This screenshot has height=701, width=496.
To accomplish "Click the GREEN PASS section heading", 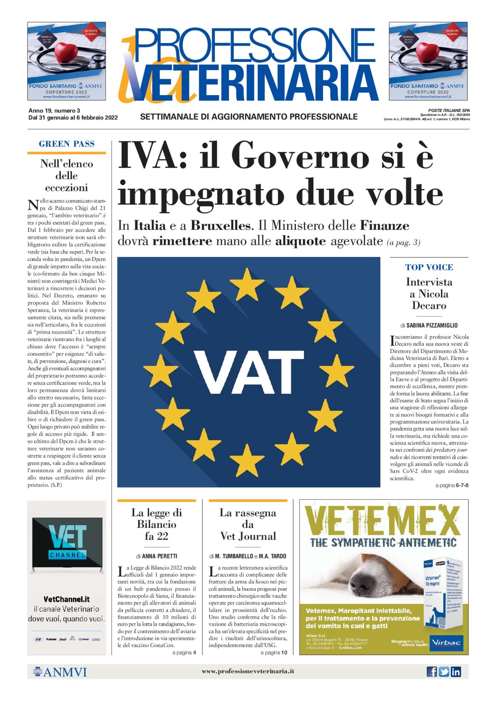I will (66, 144).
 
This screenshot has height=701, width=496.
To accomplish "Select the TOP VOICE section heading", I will (429, 267).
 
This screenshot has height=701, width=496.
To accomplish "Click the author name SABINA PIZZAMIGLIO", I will (432, 325).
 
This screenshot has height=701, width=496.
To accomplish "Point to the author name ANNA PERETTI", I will (159, 556).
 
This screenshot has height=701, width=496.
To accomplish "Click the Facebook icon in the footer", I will (432, 672).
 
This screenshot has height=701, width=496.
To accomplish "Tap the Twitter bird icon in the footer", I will (444, 672).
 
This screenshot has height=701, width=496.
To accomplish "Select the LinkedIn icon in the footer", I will (456, 672).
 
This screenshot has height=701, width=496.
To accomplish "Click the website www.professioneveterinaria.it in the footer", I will (248, 671).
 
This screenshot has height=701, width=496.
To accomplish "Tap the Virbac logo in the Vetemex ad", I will (446, 643).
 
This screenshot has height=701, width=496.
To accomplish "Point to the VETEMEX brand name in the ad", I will (382, 521).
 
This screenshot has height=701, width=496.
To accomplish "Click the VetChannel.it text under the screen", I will (66, 599).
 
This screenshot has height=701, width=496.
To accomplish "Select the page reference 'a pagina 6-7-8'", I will (452, 485).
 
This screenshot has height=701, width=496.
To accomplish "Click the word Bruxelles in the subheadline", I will (220, 226).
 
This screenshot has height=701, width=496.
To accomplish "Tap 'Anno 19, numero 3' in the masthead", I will (54, 111).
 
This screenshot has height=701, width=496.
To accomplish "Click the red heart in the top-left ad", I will (66, 52).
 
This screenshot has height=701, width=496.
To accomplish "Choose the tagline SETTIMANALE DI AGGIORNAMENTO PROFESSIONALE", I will (249, 117).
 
